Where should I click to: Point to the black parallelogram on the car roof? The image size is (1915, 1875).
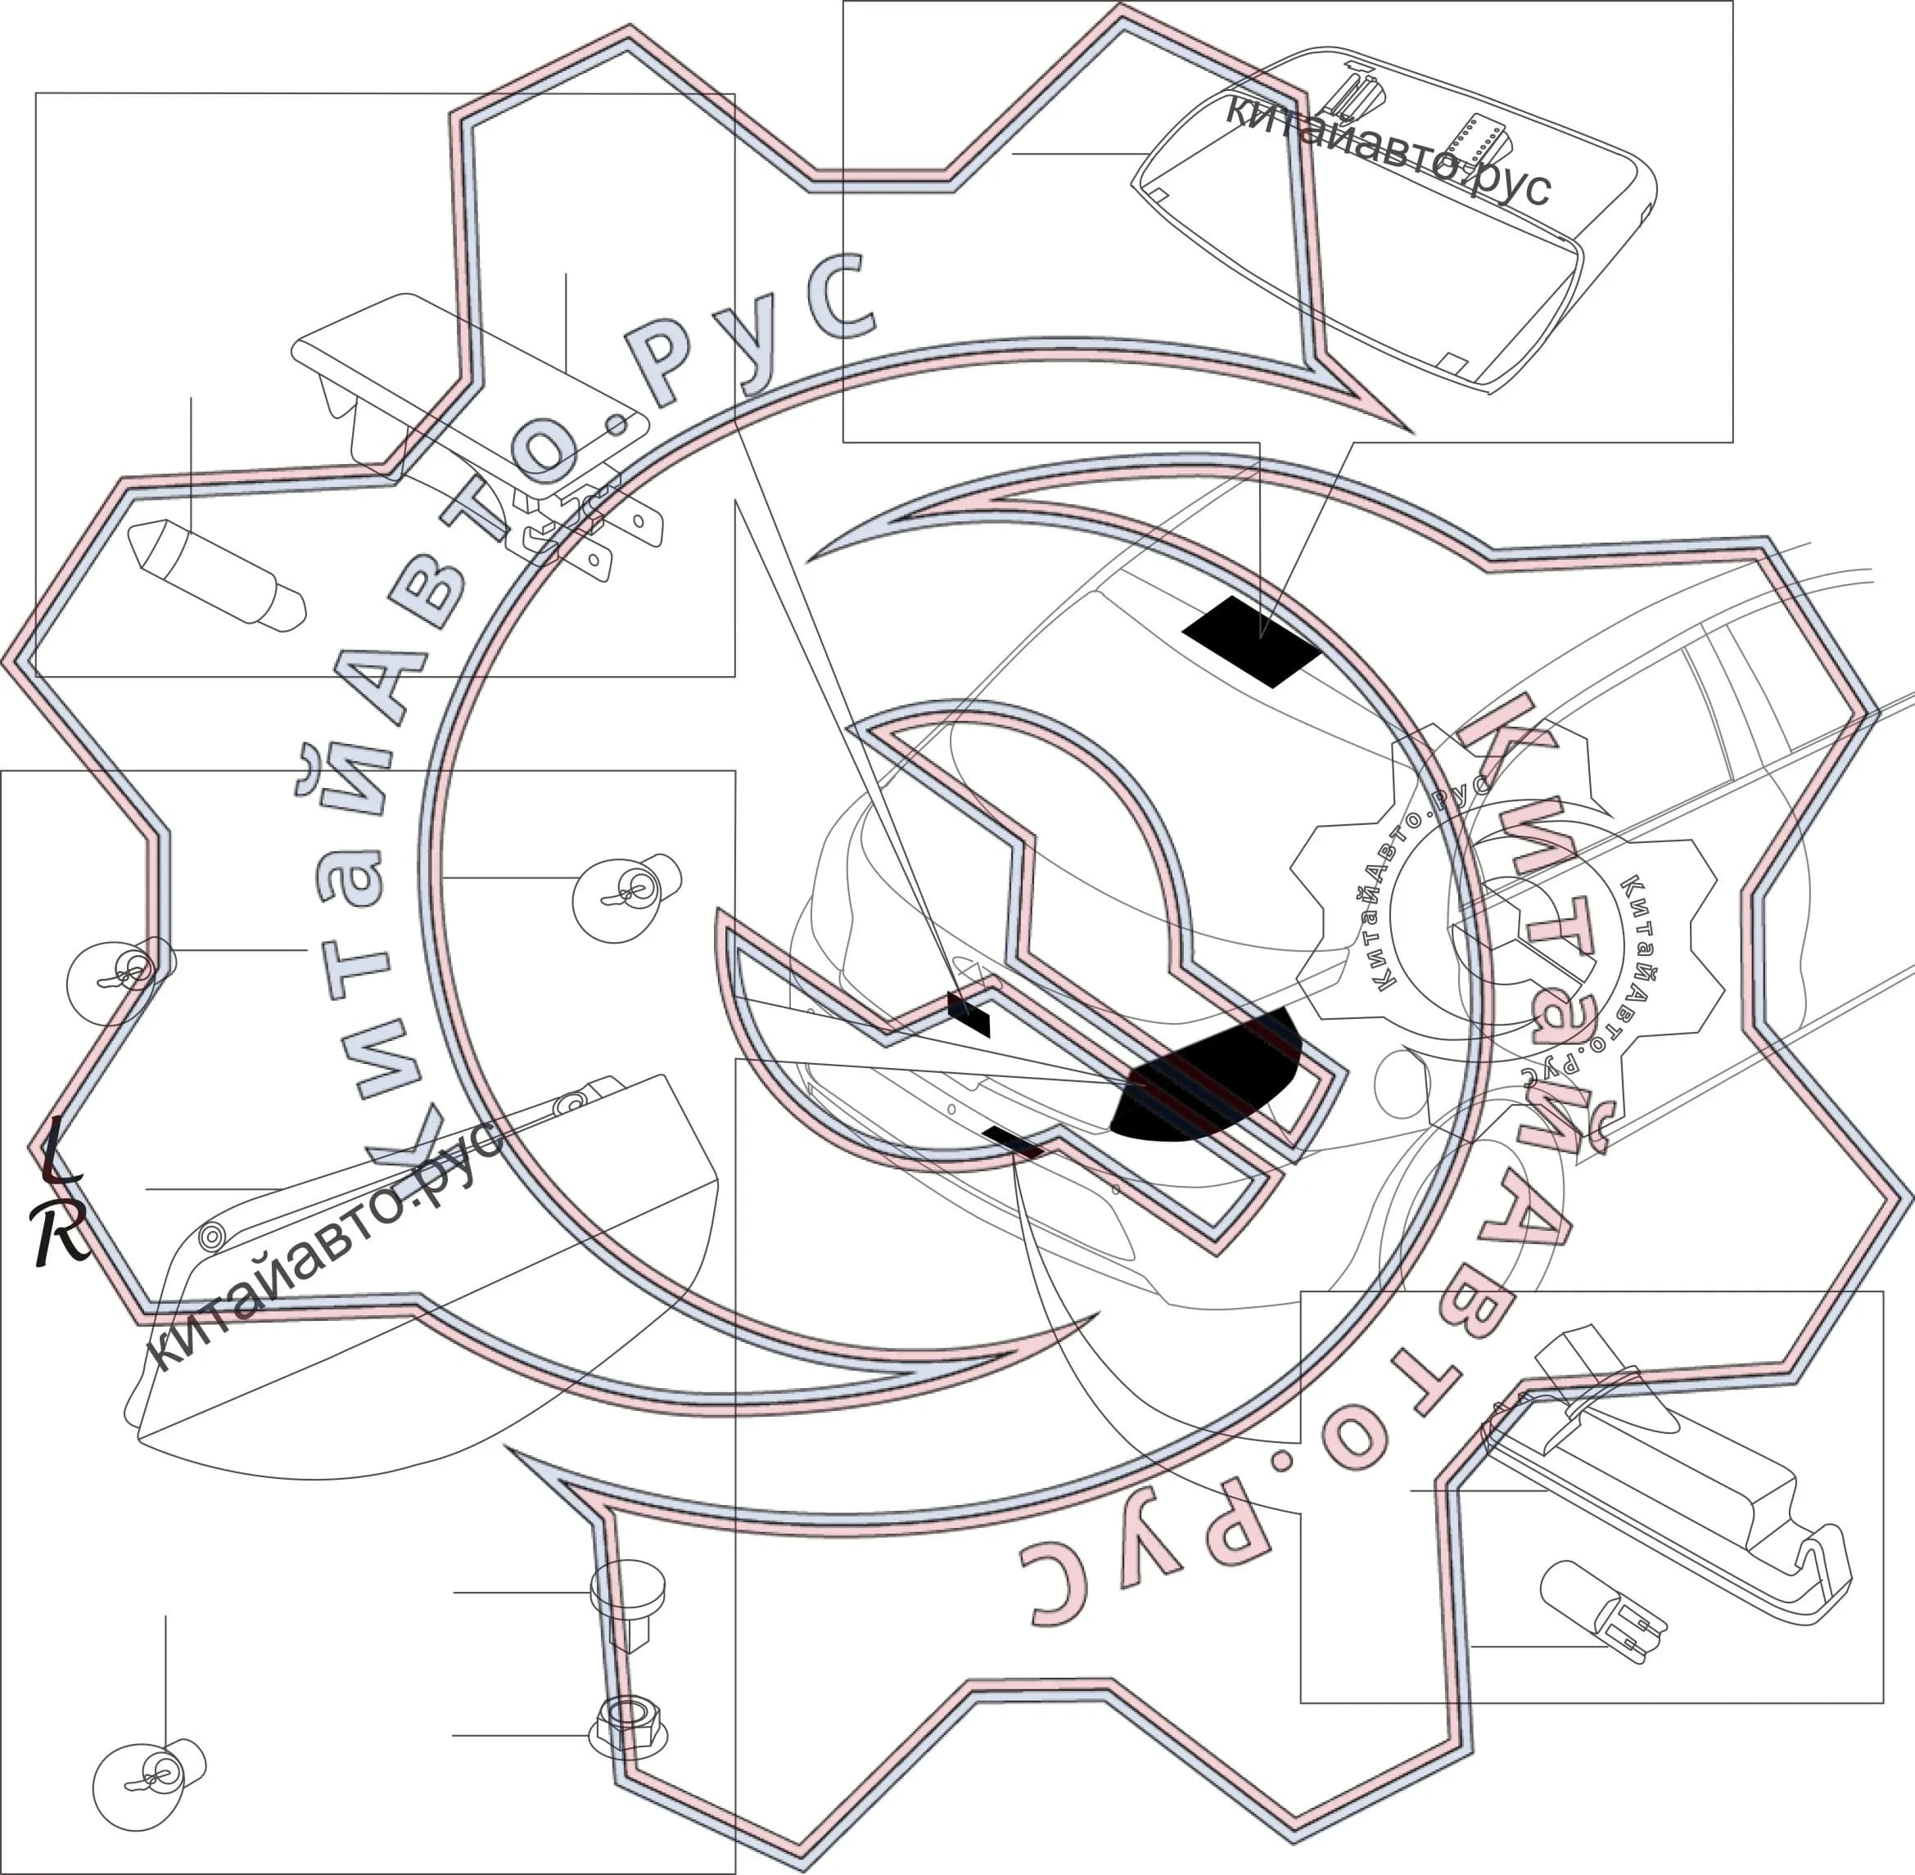[1251, 641]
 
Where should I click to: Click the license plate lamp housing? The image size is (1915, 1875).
[1664, 1477]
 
